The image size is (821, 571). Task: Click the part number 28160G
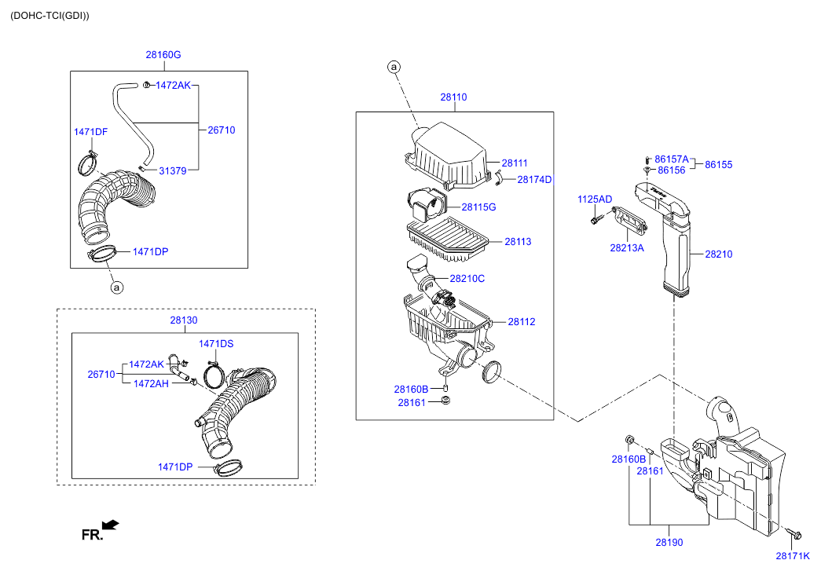click(x=163, y=55)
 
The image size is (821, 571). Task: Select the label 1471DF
click(x=90, y=131)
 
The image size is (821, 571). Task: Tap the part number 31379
click(x=173, y=170)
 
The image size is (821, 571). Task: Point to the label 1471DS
click(x=216, y=343)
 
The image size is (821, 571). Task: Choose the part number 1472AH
click(x=149, y=383)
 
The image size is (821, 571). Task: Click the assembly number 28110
click(x=453, y=97)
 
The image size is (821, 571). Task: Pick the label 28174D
click(x=535, y=180)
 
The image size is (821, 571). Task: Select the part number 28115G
click(x=478, y=207)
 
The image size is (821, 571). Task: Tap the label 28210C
click(x=467, y=279)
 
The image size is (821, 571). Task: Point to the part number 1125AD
click(x=595, y=199)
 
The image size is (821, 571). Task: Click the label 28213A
click(x=627, y=247)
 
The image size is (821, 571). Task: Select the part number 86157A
click(x=672, y=159)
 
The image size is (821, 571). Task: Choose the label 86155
click(x=719, y=165)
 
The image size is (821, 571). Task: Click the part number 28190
click(x=669, y=542)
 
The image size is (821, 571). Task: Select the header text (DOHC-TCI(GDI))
click(x=49, y=15)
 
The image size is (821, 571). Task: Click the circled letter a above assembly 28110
click(x=394, y=68)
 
